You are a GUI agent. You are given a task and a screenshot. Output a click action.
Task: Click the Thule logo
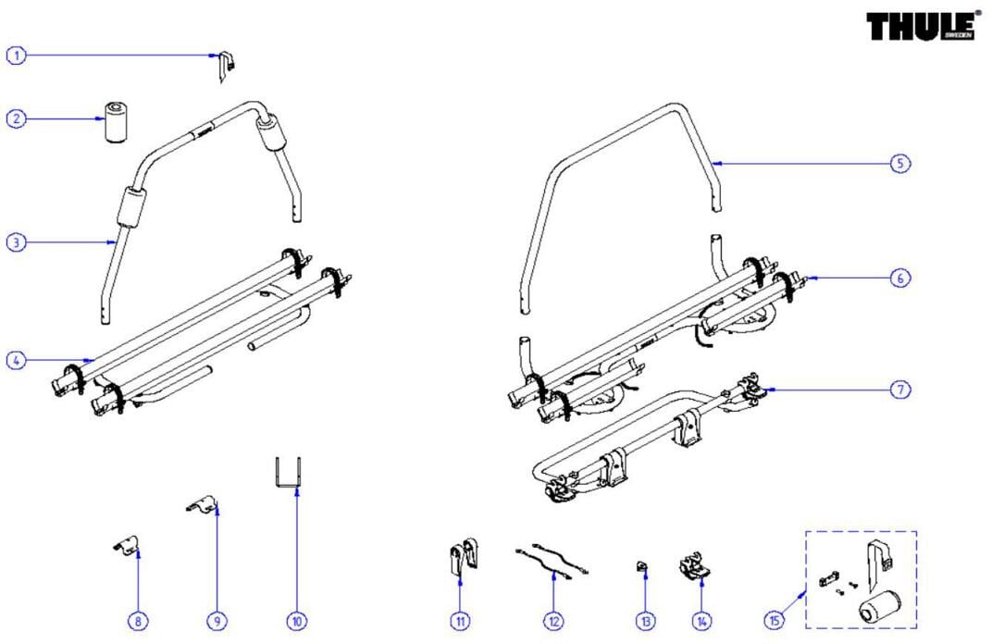pos(922,26)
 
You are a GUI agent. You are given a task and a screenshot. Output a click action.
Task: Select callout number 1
pos(16,56)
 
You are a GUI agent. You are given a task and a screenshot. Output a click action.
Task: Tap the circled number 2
pos(16,118)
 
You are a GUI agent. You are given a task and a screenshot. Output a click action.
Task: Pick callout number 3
pos(16,242)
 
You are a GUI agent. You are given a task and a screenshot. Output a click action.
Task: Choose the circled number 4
pos(16,360)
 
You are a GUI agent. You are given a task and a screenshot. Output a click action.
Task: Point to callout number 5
pos(900,163)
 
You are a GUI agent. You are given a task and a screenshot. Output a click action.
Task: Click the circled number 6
pos(900,278)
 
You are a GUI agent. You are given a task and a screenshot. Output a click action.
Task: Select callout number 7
pos(900,390)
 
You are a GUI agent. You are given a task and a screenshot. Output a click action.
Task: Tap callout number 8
pos(137,622)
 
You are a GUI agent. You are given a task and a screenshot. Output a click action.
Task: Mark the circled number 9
pos(217,622)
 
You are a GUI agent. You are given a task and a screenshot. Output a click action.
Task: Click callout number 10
pos(296,622)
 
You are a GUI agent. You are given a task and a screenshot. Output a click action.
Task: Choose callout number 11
pos(460,622)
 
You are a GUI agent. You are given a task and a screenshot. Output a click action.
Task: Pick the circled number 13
pos(645,622)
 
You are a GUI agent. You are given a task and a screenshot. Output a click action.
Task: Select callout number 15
pos(774,622)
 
